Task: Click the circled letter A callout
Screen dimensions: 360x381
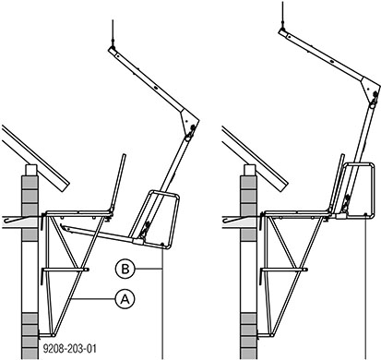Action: [125, 297]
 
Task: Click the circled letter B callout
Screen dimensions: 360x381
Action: [125, 269]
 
